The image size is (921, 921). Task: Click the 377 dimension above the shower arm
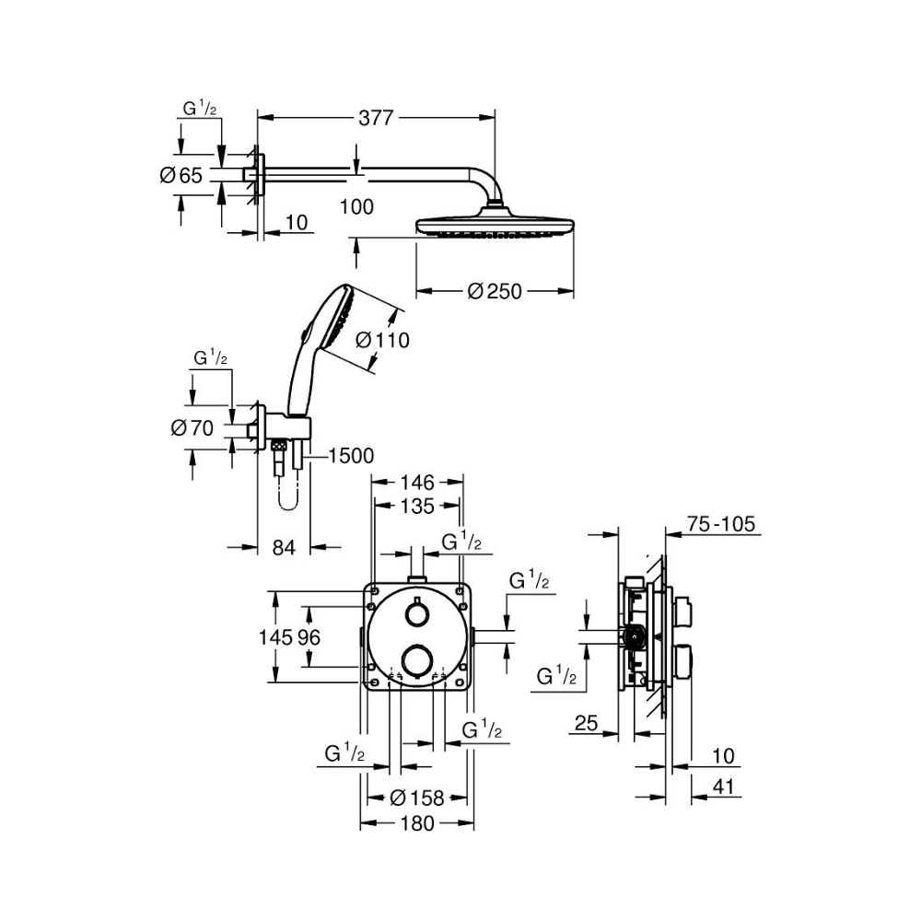pos(376,118)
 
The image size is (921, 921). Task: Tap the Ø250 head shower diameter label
pos(495,291)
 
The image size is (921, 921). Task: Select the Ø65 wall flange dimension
pos(181,174)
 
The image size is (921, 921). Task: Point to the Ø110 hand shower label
pos(382,340)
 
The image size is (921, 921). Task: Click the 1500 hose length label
pos(351,455)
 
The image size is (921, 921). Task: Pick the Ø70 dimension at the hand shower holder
pos(192,428)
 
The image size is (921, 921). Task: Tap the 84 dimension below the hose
pos(284,547)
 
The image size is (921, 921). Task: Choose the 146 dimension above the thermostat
pos(417,483)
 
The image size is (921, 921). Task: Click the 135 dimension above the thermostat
pos(417,506)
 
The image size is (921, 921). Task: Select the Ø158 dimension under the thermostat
pos(417,798)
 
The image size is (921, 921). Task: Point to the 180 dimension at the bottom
pos(417,823)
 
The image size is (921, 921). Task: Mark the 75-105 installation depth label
pos(721,523)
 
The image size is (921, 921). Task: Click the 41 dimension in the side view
pos(723,787)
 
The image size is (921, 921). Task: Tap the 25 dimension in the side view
pos(586,723)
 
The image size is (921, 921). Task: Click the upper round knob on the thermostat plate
pos(416,615)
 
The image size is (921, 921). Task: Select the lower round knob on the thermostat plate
pos(416,659)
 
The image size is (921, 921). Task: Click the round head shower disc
pos(495,225)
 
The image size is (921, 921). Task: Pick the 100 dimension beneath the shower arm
pos(356,206)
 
